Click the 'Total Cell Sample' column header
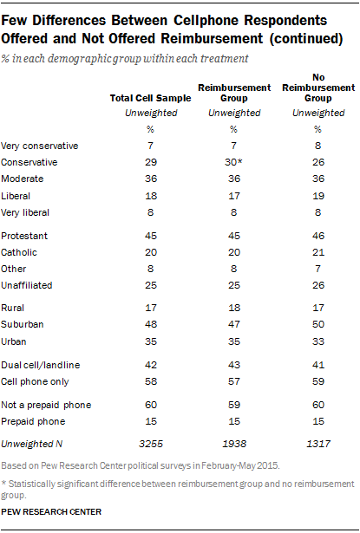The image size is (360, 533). (x=150, y=98)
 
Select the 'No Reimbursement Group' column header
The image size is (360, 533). (x=318, y=88)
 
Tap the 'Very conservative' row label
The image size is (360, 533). (x=40, y=146)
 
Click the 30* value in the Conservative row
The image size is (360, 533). (x=233, y=162)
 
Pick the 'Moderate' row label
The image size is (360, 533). (x=22, y=179)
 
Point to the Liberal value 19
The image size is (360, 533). (x=318, y=196)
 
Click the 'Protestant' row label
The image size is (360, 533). (x=24, y=236)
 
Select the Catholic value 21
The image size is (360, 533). (x=318, y=252)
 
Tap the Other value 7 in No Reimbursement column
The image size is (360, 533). (x=317, y=269)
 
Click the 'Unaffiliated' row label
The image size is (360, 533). (x=27, y=285)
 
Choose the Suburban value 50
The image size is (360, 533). (x=318, y=324)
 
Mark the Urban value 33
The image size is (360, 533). (x=318, y=341)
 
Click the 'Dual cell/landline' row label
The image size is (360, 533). (x=41, y=365)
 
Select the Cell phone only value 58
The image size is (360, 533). (x=151, y=381)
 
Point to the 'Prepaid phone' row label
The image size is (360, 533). (x=33, y=421)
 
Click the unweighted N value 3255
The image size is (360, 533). (x=151, y=444)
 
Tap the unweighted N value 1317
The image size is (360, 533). (x=318, y=444)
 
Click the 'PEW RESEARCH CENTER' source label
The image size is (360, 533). (x=51, y=512)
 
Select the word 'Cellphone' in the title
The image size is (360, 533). (x=206, y=21)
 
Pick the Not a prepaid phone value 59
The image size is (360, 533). (x=234, y=405)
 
